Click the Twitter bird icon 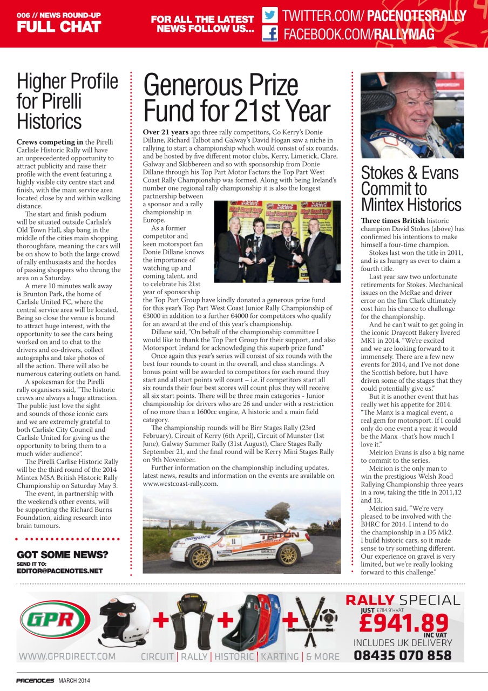pyautogui.click(x=270, y=15)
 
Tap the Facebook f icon pyautogui.click(x=270, y=34)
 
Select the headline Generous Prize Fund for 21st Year pyautogui.click(x=236, y=98)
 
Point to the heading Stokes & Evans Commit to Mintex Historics pyautogui.click(x=410, y=189)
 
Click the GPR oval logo pyautogui.click(x=55, y=619)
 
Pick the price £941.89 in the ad pyautogui.click(x=404, y=622)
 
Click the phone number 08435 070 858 pyautogui.click(x=403, y=656)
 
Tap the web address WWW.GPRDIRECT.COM pyautogui.click(x=67, y=656)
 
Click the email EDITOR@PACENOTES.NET pyautogui.click(x=59, y=571)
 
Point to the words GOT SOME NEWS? pyautogui.click(x=63, y=555)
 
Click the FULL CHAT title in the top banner pyautogui.click(x=58, y=26)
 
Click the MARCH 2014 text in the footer pyautogui.click(x=74, y=680)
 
